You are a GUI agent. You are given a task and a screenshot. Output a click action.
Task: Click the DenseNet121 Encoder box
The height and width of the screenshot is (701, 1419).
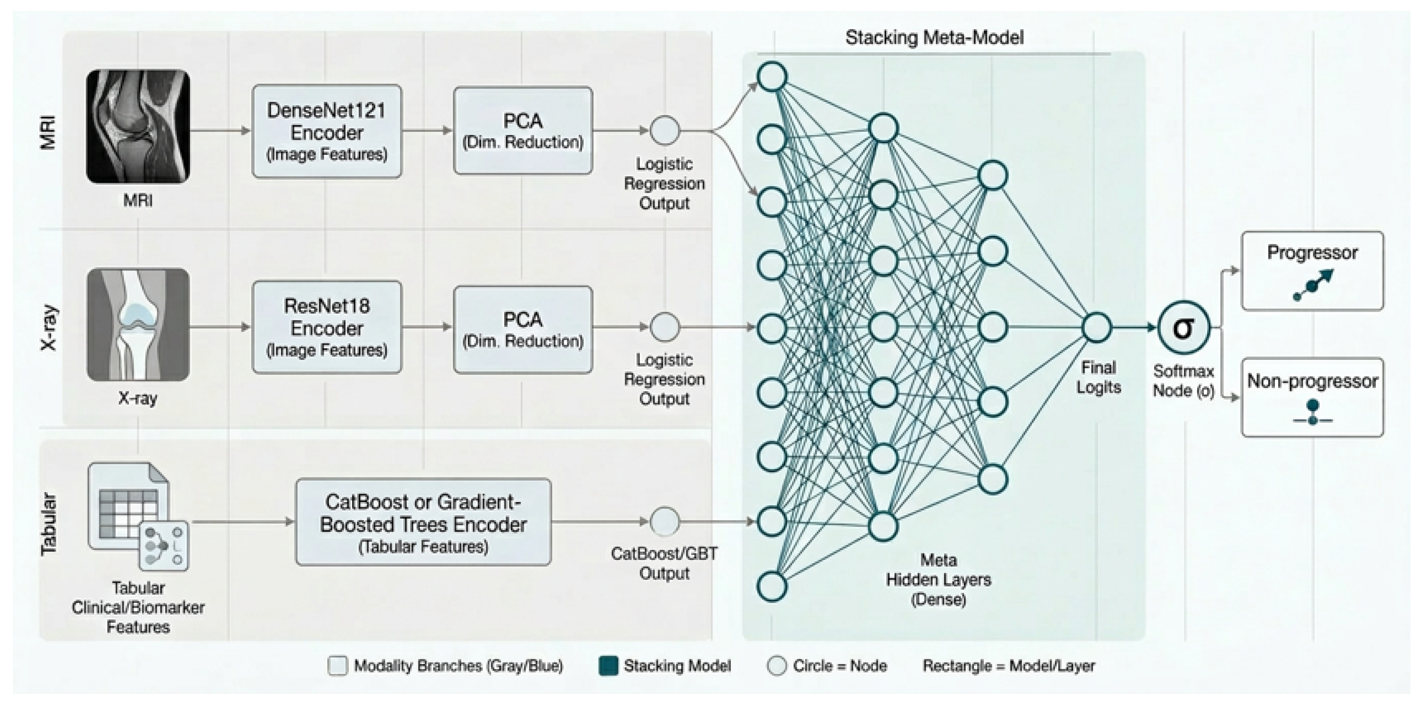pos(327,131)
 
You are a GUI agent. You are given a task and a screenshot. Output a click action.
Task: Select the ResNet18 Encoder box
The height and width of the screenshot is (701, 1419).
pos(327,327)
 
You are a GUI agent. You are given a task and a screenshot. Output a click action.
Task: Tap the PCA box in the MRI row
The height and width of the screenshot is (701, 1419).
pos(523,131)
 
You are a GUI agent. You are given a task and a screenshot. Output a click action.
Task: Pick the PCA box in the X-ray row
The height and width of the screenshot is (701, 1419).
pos(523,329)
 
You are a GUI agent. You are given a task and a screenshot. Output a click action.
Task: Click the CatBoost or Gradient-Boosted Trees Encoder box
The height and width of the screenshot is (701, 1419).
pos(423,522)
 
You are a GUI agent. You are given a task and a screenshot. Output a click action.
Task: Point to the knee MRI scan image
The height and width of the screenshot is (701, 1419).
pos(138,126)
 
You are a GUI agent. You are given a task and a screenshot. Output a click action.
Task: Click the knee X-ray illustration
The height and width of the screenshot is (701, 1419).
pos(138,324)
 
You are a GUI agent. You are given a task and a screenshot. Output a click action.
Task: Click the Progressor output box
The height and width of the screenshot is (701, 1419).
pos(1312,271)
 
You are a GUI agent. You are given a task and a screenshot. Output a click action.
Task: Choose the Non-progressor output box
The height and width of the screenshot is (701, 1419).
pos(1312,397)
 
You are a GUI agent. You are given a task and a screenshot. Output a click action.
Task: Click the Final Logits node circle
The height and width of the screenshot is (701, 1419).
pos(1097,328)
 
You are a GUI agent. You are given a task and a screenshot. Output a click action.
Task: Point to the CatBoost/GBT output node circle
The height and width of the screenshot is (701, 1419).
pos(665,521)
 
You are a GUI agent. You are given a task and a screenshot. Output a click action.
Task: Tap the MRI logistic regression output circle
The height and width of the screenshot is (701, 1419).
pos(665,131)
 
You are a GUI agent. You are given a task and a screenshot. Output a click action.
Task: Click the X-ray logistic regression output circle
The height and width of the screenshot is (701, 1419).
pos(665,327)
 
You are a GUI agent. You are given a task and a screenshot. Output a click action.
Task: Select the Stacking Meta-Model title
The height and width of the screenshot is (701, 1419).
pos(935,37)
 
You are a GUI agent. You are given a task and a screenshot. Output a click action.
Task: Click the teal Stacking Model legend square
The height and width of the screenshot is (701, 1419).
pos(608,666)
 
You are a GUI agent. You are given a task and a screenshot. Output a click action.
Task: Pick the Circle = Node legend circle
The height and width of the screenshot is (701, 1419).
pos(777,666)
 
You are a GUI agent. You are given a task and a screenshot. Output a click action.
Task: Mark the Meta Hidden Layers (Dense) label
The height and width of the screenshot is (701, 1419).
pos(939,579)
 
